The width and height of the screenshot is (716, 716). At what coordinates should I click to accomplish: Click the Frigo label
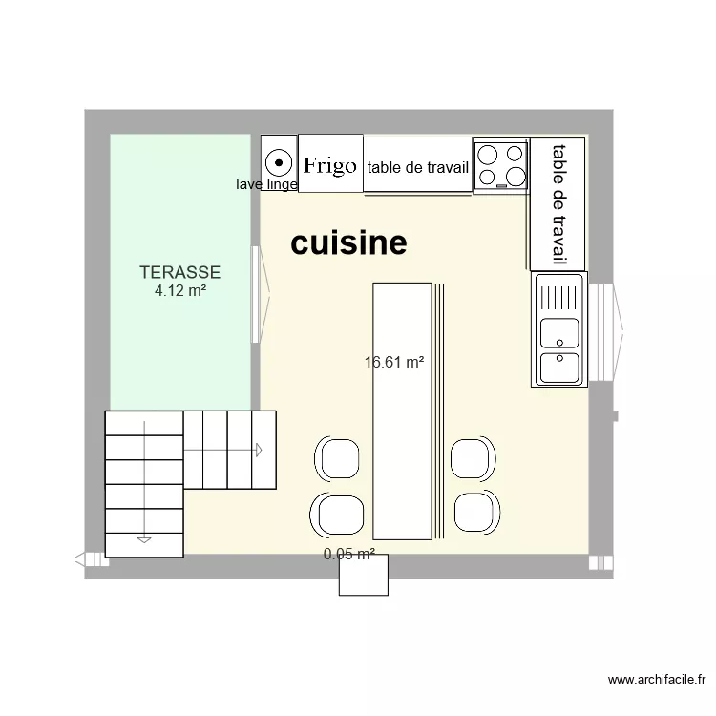[330, 166]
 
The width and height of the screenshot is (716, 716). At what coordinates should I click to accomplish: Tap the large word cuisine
[348, 243]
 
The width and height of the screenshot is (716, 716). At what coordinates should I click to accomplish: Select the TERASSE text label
[179, 272]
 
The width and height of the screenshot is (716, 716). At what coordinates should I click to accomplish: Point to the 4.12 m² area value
[180, 290]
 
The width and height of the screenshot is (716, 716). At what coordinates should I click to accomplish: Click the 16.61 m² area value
[393, 362]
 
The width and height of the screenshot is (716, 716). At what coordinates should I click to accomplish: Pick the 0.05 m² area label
[348, 554]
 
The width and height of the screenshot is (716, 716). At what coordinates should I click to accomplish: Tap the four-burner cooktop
[502, 164]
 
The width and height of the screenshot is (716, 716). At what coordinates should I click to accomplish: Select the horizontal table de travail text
[417, 168]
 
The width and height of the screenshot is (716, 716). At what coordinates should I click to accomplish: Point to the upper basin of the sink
[558, 332]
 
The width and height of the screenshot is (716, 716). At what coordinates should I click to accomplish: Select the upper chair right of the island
[473, 457]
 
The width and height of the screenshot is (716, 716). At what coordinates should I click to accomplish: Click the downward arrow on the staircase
[144, 539]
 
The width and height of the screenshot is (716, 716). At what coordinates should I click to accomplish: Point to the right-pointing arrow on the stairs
[259, 449]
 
